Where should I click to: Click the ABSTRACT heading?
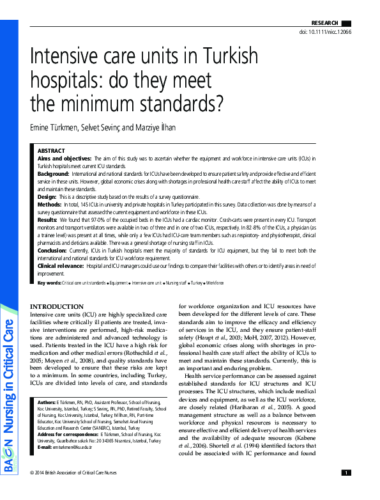pos(51,150)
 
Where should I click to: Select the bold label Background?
pos(53,174)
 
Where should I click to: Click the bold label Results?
pos(48,219)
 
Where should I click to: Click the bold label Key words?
pos(49,283)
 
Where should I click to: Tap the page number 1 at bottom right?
pos(346,490)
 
